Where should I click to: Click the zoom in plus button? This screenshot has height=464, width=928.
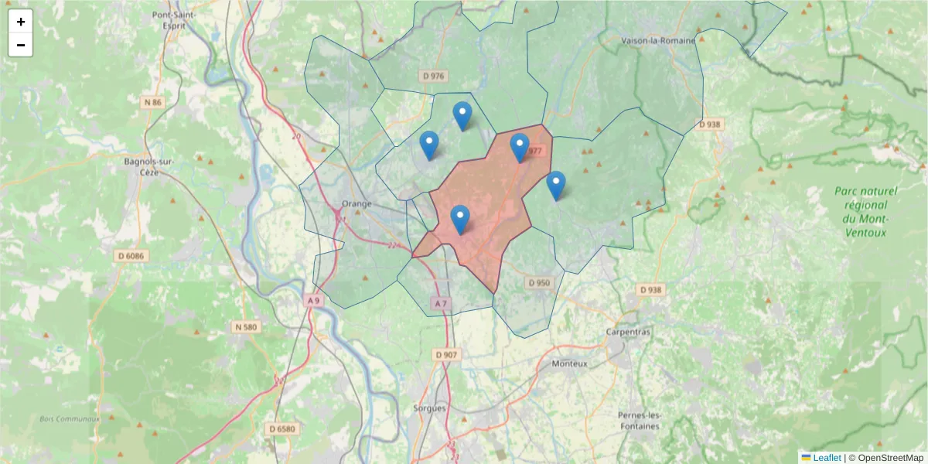tap(21, 22)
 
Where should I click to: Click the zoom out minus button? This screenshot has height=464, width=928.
tap(21, 45)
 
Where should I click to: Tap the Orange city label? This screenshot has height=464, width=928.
tap(356, 204)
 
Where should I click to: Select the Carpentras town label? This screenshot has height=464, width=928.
tap(629, 332)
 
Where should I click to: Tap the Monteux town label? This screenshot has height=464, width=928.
tap(570, 363)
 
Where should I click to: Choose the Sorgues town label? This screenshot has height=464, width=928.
tap(430, 408)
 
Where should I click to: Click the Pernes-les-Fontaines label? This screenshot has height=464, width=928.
tap(640, 420)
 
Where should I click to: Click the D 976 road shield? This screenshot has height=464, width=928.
tap(434, 76)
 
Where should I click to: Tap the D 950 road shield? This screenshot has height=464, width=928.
tap(539, 283)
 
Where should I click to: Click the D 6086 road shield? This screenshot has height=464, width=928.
tap(132, 255)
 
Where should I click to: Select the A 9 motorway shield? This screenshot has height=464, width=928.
tap(312, 300)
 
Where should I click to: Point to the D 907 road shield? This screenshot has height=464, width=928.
tap(447, 354)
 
